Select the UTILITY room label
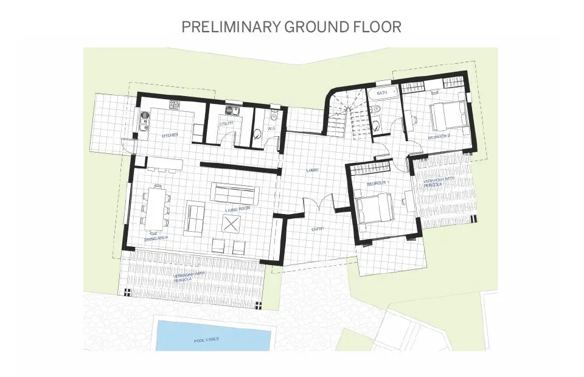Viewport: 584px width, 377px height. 227,123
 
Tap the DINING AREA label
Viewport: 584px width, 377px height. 156,239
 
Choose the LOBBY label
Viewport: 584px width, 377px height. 313,170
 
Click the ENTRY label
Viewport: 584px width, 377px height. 318,229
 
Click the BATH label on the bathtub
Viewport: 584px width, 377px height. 382,93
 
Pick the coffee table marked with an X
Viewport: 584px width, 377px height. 232,223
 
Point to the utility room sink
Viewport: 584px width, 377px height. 231,110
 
